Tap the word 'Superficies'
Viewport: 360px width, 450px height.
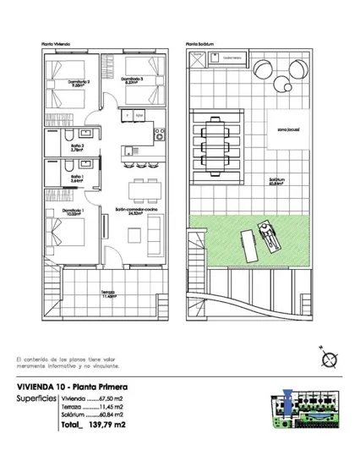click(36, 398)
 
